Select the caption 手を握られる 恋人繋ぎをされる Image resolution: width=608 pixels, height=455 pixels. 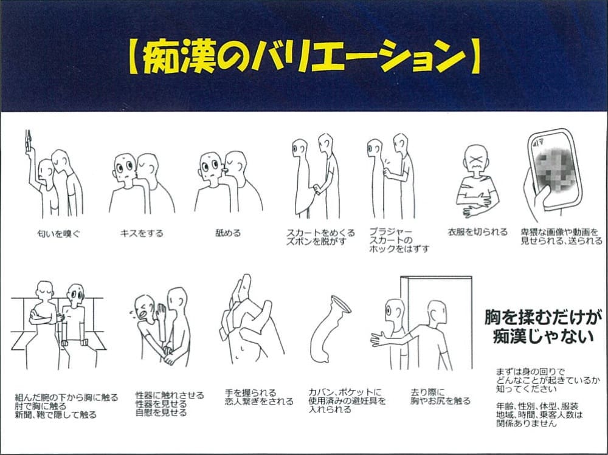tap(258, 397)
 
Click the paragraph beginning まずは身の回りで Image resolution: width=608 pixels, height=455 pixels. tap(540, 379)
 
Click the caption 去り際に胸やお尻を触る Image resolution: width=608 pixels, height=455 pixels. tap(440, 396)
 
